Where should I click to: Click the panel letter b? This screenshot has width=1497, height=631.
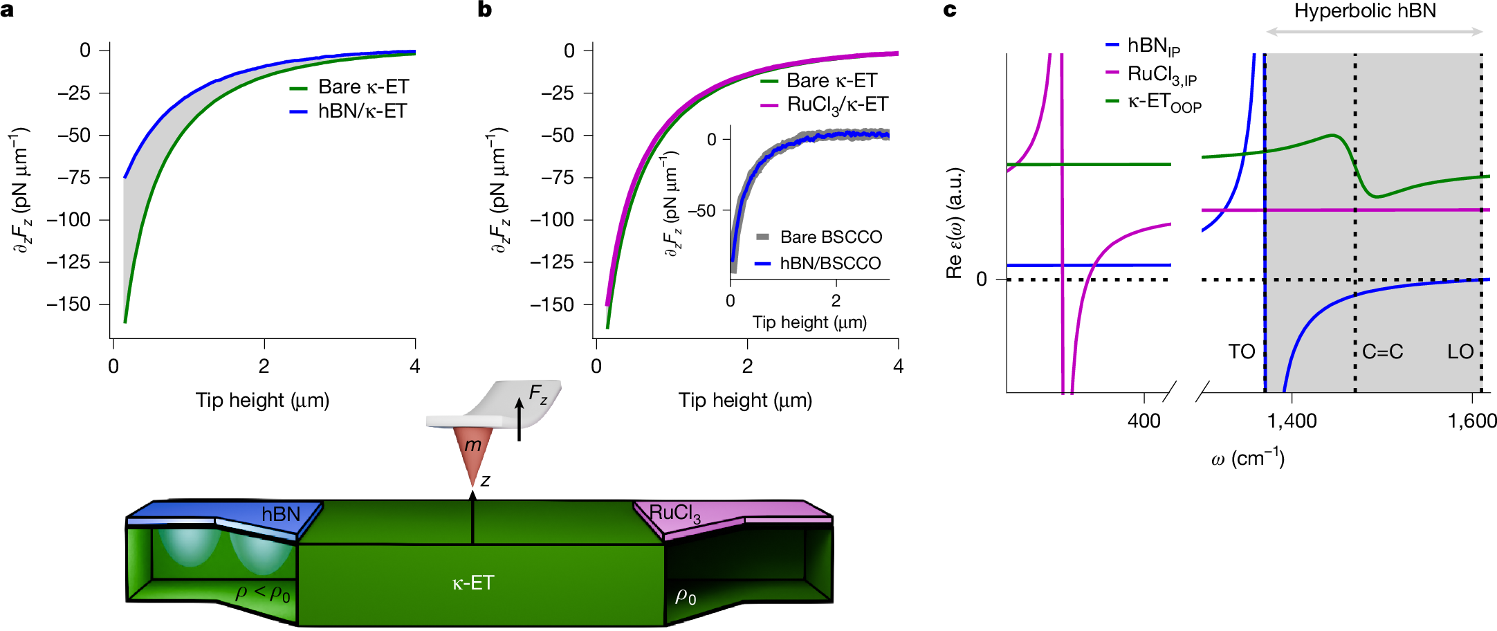click(x=484, y=10)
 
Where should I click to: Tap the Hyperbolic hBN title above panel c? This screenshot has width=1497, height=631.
click(x=1365, y=11)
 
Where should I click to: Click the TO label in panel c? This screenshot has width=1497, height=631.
click(x=1241, y=351)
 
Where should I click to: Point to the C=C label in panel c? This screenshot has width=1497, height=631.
click(x=1382, y=351)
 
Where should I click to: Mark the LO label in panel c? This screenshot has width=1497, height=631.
click(x=1460, y=351)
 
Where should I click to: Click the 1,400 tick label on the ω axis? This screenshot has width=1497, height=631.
click(x=1292, y=421)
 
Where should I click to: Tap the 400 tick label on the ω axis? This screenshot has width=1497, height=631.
click(x=1144, y=421)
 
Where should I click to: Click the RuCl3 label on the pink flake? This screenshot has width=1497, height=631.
click(x=674, y=513)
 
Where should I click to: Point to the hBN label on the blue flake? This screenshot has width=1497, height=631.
click(x=281, y=514)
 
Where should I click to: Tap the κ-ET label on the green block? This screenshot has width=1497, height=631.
click(x=473, y=583)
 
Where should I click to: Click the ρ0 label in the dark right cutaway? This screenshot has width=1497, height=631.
click(x=686, y=596)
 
